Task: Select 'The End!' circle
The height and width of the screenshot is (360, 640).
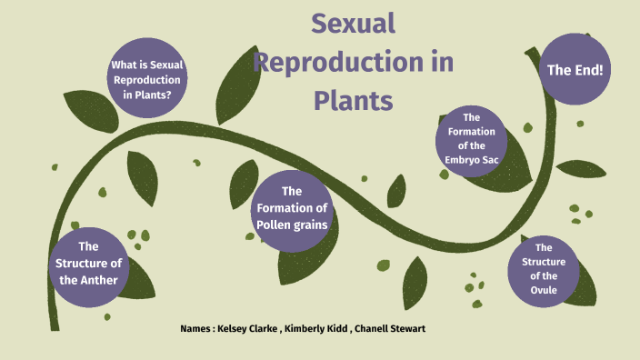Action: (575, 69)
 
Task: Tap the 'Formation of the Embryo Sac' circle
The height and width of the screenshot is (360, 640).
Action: (471, 141)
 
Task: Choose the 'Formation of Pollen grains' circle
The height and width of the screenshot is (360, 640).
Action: (291, 208)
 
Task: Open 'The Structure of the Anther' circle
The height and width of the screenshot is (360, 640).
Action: (88, 263)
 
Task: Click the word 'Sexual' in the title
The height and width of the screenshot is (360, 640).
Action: (354, 25)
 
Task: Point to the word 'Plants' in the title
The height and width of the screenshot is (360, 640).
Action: (354, 100)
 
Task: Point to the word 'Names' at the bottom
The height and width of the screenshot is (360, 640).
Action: (197, 327)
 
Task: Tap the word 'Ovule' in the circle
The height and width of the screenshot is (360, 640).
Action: (544, 290)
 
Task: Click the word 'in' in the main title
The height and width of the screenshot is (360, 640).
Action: (441, 63)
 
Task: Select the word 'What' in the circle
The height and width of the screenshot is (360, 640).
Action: (123, 65)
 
